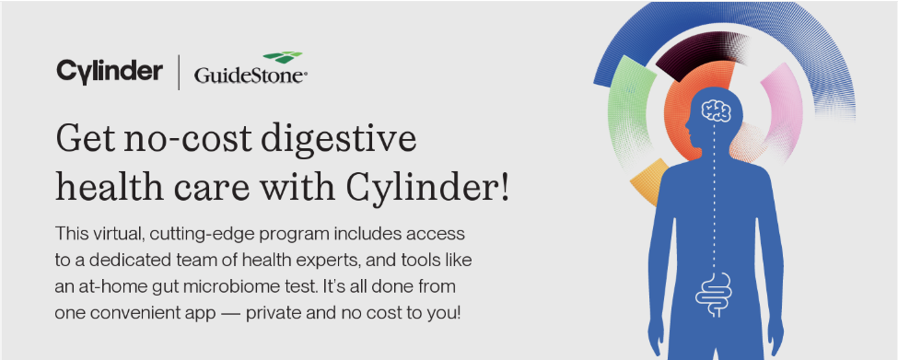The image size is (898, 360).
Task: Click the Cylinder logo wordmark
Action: coord(110,72)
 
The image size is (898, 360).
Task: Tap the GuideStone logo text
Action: coord(251,75)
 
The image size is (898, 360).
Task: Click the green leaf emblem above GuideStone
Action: coord(283,57)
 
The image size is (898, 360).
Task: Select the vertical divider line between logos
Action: coord(179,72)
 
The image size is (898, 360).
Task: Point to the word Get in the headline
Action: coord(86,139)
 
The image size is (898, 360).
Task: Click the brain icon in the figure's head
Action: coord(717,110)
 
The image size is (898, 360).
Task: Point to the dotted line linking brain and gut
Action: coord(714,197)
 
